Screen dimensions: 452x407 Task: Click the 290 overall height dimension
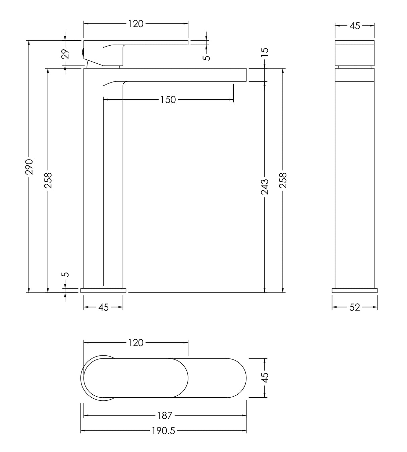pyautogui.click(x=30, y=166)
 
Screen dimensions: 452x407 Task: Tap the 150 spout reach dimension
pyautogui.click(x=168, y=100)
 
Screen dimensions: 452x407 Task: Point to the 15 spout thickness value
pyautogui.click(x=265, y=52)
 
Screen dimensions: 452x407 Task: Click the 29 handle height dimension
pyautogui.click(x=65, y=54)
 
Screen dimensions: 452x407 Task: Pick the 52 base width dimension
pyautogui.click(x=354, y=307)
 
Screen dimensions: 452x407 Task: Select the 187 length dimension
pyautogui.click(x=165, y=416)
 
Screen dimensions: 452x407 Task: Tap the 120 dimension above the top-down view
pyautogui.click(x=136, y=343)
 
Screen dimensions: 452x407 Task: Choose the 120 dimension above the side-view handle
pyautogui.click(x=136, y=24)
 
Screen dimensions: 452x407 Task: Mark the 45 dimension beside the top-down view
pyautogui.click(x=265, y=378)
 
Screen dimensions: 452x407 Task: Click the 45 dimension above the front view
pyautogui.click(x=355, y=25)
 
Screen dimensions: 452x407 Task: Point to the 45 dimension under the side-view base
pyautogui.click(x=104, y=307)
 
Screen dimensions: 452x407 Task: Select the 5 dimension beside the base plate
pyautogui.click(x=66, y=274)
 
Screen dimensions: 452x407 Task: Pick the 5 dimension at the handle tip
pyautogui.click(x=208, y=57)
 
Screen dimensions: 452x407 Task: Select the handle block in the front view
pyautogui.click(x=355, y=53)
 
